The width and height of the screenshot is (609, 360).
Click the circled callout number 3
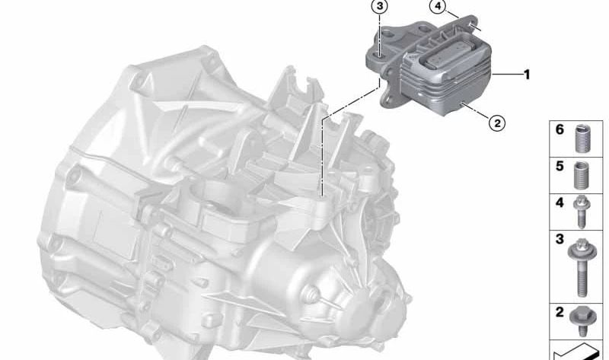pos(379,7)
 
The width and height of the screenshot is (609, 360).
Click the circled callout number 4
pos(438,7)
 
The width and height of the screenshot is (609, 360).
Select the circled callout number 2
pos(497,123)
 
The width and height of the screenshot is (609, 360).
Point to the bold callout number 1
pos(527,74)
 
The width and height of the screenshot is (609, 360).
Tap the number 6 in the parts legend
pos(560,129)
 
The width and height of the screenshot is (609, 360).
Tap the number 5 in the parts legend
pos(560,166)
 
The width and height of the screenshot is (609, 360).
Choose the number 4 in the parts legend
pos(560,202)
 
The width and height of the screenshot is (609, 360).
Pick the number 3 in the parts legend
pos(560,239)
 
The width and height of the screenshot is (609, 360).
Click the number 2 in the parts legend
pos(560,312)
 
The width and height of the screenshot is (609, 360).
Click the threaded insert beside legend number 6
pos(582,139)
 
